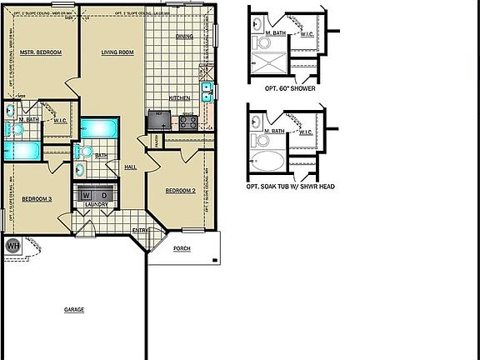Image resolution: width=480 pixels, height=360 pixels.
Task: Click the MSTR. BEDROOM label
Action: (x=41, y=52)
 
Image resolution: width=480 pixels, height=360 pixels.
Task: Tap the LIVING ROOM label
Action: (x=117, y=52)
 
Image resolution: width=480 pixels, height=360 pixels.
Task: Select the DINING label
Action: (x=184, y=37)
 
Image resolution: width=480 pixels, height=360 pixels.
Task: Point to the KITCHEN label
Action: (x=180, y=98)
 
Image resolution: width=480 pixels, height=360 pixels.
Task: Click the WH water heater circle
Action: (x=13, y=247)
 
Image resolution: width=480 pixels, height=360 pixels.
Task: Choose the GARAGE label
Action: (x=74, y=310)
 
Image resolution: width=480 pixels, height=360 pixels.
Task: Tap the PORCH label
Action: (x=181, y=249)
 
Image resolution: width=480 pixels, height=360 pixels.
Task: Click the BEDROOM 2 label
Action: (x=180, y=191)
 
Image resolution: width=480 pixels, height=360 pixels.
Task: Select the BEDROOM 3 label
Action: (x=37, y=198)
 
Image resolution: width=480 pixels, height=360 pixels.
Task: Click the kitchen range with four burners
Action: (x=187, y=122)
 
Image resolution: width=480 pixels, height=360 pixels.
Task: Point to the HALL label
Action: (x=131, y=167)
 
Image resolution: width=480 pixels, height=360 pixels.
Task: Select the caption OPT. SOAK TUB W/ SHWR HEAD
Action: (x=291, y=187)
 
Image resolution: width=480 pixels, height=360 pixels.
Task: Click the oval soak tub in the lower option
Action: (x=267, y=162)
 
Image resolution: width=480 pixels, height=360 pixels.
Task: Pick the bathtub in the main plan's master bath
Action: (x=20, y=151)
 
